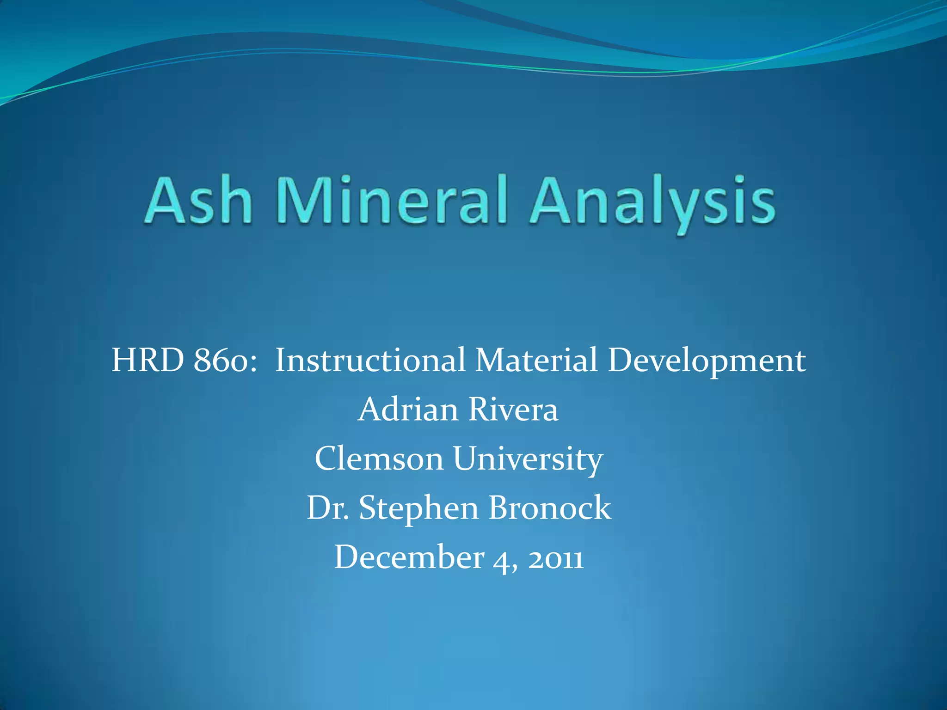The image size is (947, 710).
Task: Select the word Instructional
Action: pos(370,361)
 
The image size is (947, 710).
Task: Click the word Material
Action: pos(537,361)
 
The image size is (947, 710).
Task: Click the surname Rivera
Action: pos(513,410)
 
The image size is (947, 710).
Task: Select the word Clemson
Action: pos(379,459)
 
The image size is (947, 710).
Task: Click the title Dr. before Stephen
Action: pos(328,508)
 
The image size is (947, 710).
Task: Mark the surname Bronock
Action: pos(550,508)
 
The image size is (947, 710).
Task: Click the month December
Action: pos(409,557)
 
